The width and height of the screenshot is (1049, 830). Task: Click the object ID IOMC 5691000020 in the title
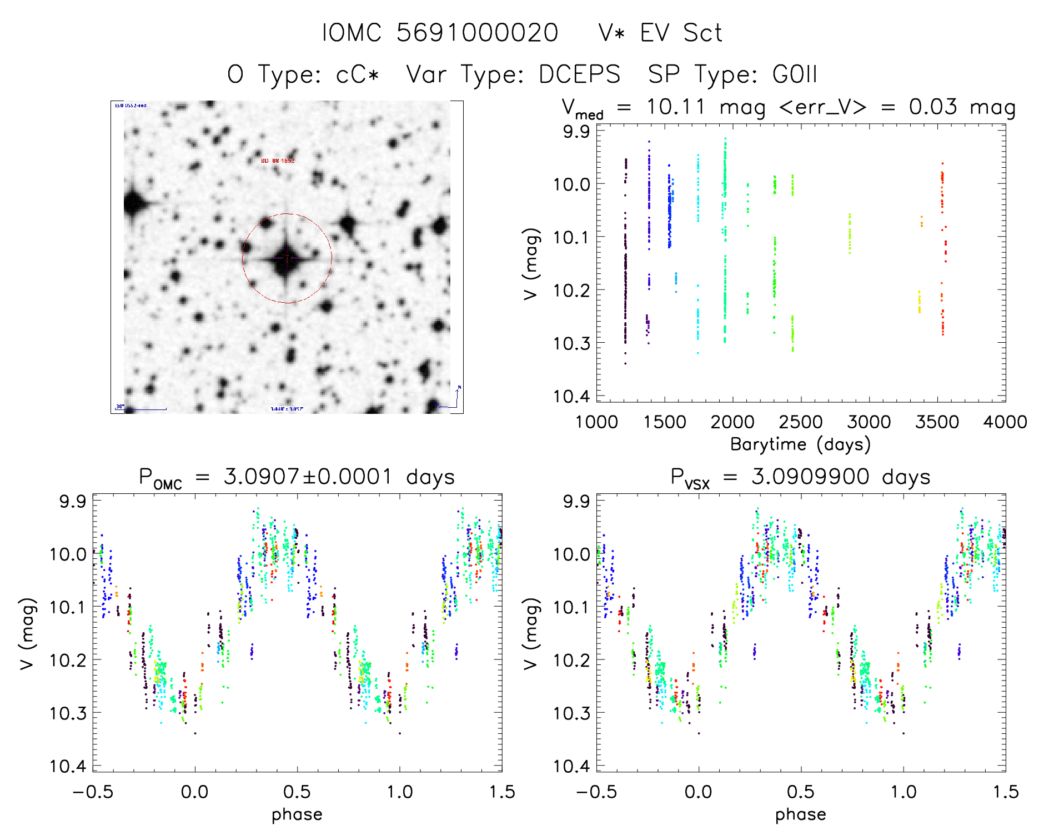click(440, 33)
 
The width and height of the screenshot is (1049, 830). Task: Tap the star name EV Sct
click(681, 33)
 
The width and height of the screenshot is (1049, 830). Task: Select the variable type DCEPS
click(579, 74)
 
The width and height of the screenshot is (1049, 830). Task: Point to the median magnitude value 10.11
click(675, 107)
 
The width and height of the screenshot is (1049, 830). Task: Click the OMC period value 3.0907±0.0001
click(308, 477)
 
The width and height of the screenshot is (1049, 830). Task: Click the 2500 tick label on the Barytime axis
click(800, 422)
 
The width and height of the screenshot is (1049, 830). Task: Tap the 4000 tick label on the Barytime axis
click(1005, 422)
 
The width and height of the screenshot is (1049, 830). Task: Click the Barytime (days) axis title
click(800, 444)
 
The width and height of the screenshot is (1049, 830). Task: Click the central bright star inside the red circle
click(287, 259)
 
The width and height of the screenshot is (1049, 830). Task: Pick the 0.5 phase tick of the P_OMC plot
click(297, 792)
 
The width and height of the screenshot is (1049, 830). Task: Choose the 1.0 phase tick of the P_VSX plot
click(904, 792)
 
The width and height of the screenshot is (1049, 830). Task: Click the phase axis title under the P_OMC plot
click(297, 814)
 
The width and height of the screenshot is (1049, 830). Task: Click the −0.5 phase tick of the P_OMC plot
click(93, 792)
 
